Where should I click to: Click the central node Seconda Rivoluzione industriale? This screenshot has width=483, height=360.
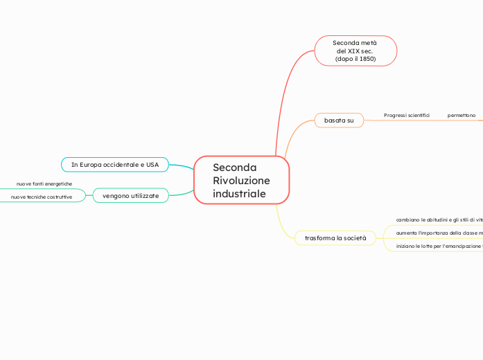[241, 180]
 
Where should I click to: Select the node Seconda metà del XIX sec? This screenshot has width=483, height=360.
[355, 51]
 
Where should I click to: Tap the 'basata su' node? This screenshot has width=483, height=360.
[339, 120]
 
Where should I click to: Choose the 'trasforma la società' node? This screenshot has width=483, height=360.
[335, 238]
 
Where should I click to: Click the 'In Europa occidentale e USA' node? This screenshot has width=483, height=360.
[115, 165]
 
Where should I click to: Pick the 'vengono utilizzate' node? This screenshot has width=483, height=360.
[130, 196]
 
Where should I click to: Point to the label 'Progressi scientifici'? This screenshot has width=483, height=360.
[407, 115]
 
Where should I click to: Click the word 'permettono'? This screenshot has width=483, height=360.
[462, 115]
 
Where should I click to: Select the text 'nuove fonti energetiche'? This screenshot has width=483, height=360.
[44, 184]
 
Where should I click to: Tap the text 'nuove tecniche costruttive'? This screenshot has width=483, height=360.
[42, 197]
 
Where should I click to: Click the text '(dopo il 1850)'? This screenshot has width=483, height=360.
[355, 59]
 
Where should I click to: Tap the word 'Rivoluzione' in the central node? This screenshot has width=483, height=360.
[241, 181]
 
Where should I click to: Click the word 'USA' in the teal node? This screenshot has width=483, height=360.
[152, 165]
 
